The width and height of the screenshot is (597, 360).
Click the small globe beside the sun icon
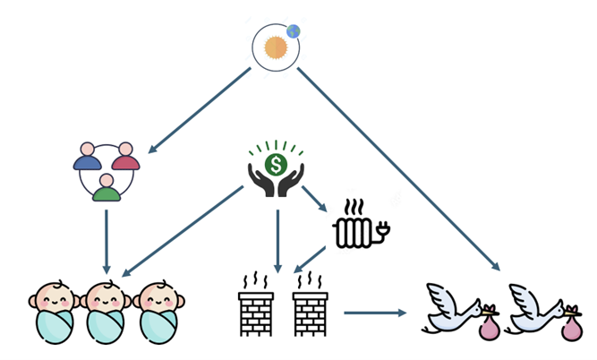tap(293, 31)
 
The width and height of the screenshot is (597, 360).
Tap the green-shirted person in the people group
tap(107, 189)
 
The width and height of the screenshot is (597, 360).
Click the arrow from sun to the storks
tap(398, 169)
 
